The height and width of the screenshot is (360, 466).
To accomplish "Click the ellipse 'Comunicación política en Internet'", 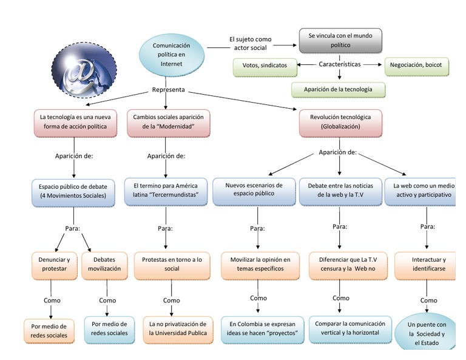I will coord(171,55).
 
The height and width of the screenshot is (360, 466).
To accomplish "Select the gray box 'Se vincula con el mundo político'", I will coord(340,40).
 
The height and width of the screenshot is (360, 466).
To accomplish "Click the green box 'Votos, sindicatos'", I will coord(265,66).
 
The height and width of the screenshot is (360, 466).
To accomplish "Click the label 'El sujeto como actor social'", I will coord(250,44).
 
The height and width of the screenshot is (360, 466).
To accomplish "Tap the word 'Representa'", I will coord(169,92).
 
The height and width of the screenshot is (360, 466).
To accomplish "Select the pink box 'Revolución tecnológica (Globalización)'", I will coord(340,121).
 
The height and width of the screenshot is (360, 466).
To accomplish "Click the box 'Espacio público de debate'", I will coord(73,191).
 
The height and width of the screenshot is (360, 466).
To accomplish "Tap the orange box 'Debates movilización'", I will coord(107,264).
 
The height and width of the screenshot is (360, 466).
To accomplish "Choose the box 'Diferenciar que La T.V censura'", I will coord(342,264).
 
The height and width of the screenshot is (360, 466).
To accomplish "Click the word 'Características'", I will coord(340,64).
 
